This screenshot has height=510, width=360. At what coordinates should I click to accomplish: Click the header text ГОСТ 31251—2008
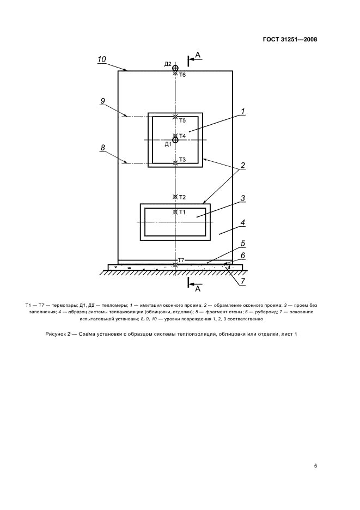[290, 39]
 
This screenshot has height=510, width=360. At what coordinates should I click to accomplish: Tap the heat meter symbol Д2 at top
[175, 68]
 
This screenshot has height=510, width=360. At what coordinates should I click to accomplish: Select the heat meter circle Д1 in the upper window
[175, 140]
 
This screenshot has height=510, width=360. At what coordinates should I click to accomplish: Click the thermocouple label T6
[182, 75]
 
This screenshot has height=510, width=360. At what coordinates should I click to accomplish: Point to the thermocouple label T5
[182, 120]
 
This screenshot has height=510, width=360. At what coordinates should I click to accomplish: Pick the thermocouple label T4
[182, 135]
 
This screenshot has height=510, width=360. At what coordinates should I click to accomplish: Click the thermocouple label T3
[182, 160]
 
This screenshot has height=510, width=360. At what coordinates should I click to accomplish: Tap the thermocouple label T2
[182, 197]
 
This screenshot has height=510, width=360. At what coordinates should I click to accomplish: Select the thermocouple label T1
[182, 212]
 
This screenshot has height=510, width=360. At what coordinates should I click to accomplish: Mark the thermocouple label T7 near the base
[181, 261]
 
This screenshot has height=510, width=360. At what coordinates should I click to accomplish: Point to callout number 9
[102, 101]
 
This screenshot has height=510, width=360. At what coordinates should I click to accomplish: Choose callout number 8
[102, 147]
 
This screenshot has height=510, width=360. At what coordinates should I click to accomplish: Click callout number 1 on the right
[243, 112]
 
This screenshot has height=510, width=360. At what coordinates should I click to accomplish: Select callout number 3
[243, 198]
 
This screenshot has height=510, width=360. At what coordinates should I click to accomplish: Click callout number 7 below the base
[243, 281]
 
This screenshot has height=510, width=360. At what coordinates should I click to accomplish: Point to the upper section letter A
[198, 54]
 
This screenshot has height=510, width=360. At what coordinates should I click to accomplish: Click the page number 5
[315, 466]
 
